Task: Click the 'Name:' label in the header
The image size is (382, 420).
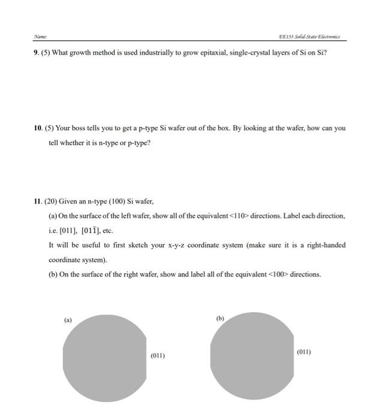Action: coord(40,37)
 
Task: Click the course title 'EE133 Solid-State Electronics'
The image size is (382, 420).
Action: coord(309,37)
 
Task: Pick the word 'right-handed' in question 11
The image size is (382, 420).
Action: coord(324,245)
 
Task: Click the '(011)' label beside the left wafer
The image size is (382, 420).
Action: coord(157,356)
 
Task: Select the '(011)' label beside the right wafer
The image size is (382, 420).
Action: coord(303,352)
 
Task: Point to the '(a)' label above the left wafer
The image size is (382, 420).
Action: coord(68,320)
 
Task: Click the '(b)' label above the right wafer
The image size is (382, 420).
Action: coord(220,319)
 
